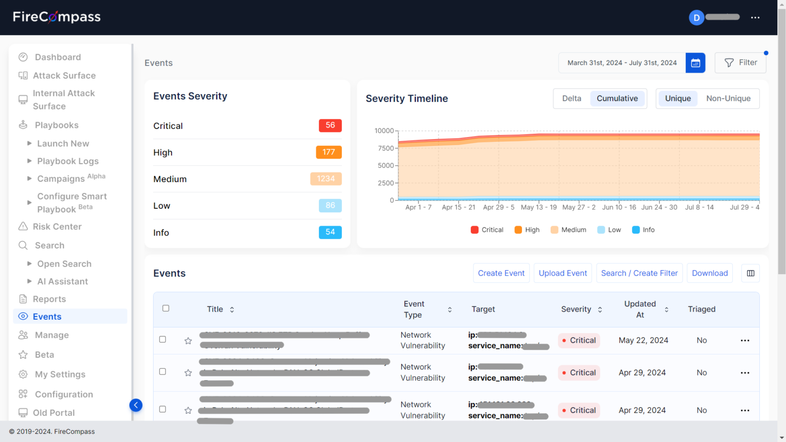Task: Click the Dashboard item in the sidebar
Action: click(x=57, y=57)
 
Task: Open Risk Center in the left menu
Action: click(x=57, y=227)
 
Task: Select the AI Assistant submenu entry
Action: click(x=62, y=281)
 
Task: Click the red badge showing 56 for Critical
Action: click(x=330, y=125)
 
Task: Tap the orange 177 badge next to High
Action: click(x=329, y=152)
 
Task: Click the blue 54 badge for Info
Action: click(x=330, y=232)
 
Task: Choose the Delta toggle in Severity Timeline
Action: click(x=572, y=99)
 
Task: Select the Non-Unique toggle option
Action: click(x=728, y=99)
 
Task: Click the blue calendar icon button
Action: click(x=695, y=63)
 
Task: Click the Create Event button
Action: click(x=501, y=273)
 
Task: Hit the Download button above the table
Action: click(x=710, y=273)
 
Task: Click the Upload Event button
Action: click(x=563, y=273)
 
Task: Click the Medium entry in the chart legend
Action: click(x=569, y=230)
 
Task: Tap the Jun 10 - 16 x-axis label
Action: click(x=619, y=207)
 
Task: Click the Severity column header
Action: click(x=576, y=310)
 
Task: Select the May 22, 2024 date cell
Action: click(x=643, y=341)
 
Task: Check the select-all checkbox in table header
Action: click(x=166, y=308)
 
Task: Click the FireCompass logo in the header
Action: click(x=57, y=17)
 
